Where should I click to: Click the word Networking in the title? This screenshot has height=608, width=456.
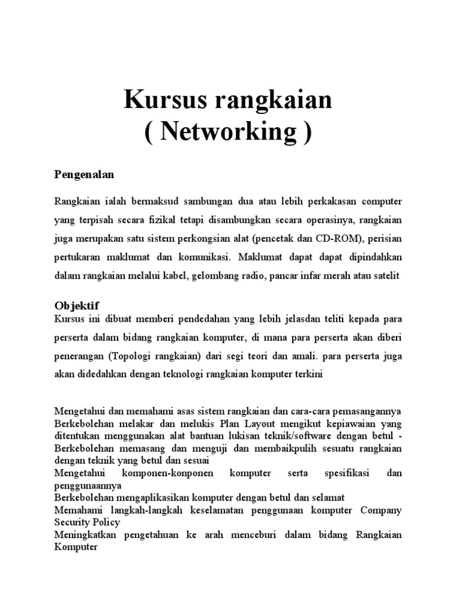pos(228,132)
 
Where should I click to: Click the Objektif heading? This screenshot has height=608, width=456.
pos(76,305)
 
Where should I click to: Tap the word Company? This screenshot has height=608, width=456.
pos(381,510)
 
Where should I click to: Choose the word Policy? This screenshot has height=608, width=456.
pos(106,522)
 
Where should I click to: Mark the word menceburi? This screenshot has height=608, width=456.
pos(258,535)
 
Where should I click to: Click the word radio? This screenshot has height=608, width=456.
pos(258,276)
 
